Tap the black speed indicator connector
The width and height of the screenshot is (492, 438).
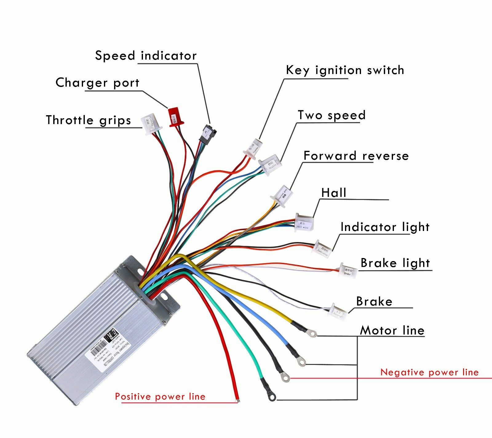click(x=208, y=134)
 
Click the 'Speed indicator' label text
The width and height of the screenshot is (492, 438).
click(x=146, y=56)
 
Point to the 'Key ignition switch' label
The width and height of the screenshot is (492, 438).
click(x=345, y=70)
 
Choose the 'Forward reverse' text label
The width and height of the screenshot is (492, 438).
click(x=356, y=156)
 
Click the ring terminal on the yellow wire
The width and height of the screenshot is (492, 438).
click(x=313, y=333)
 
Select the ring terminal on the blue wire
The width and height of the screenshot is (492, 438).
click(x=302, y=362)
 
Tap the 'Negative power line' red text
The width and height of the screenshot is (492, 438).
click(x=429, y=372)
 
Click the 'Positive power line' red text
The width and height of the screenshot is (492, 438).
click(x=160, y=397)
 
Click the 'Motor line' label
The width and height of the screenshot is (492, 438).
click(x=392, y=330)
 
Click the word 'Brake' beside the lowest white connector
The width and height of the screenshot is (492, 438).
click(x=374, y=301)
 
